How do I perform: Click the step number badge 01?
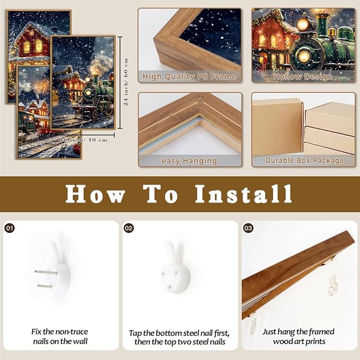[x=10, y=228]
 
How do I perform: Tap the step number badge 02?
[x=129, y=228]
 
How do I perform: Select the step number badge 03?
[x=248, y=228]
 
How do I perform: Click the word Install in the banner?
[x=243, y=194]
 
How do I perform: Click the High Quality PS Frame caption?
[x=189, y=77]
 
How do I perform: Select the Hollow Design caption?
[x=303, y=77]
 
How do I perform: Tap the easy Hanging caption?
[x=189, y=160]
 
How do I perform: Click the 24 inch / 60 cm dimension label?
[x=126, y=83]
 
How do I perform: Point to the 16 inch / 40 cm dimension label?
[x=85, y=139]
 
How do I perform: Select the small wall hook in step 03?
[x=332, y=285]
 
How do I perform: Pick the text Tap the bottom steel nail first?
[x=179, y=332]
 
